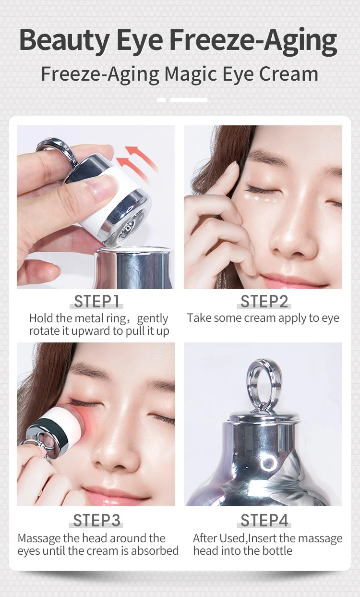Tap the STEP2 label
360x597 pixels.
(x=264, y=302)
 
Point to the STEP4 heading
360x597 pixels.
(x=264, y=521)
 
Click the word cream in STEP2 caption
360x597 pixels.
(x=251, y=318)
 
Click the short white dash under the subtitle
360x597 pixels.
(x=161, y=100)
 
